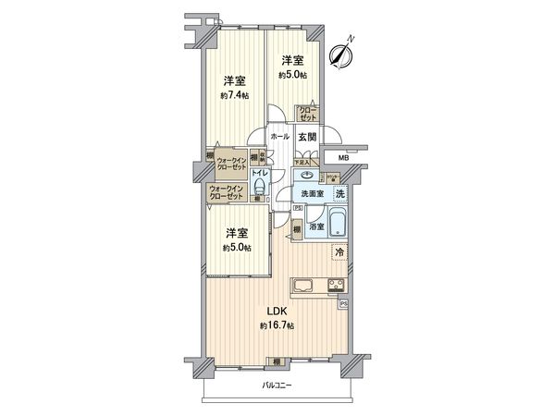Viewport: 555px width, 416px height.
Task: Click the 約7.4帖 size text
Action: click(x=235, y=95)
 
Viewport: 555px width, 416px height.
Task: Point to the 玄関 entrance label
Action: click(x=307, y=136)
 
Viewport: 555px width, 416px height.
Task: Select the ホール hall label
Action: click(x=280, y=136)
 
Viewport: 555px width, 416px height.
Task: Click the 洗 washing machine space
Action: click(x=340, y=193)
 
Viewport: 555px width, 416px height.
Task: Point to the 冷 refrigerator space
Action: click(x=339, y=251)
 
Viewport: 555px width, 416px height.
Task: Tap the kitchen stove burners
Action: click(x=336, y=286)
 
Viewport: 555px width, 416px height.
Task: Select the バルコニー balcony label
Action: click(x=277, y=385)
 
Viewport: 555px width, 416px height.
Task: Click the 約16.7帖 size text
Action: click(x=277, y=327)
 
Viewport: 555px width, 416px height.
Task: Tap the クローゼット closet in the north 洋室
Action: click(x=307, y=115)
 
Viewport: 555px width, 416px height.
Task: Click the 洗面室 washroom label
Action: click(x=310, y=193)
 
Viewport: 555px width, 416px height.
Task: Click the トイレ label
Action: click(x=261, y=173)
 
